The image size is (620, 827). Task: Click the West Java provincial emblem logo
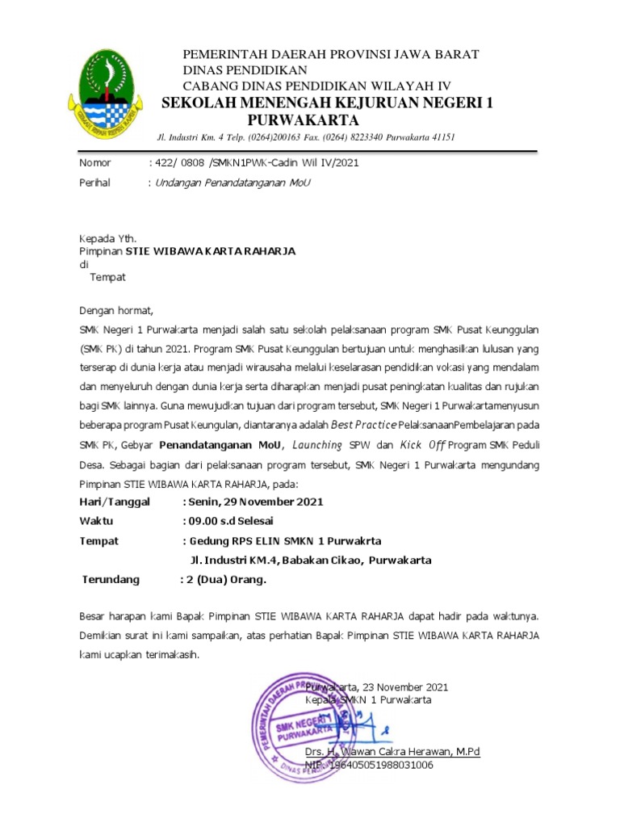tap(108, 91)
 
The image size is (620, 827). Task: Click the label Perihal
tap(95, 183)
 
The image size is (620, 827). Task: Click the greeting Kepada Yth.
tap(107, 239)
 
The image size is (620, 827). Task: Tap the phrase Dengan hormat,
tap(115, 310)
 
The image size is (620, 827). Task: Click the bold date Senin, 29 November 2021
tap(256, 502)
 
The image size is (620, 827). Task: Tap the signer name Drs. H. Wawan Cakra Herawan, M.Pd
tap(392, 751)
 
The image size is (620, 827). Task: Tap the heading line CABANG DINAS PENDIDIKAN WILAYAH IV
tap(317, 86)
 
